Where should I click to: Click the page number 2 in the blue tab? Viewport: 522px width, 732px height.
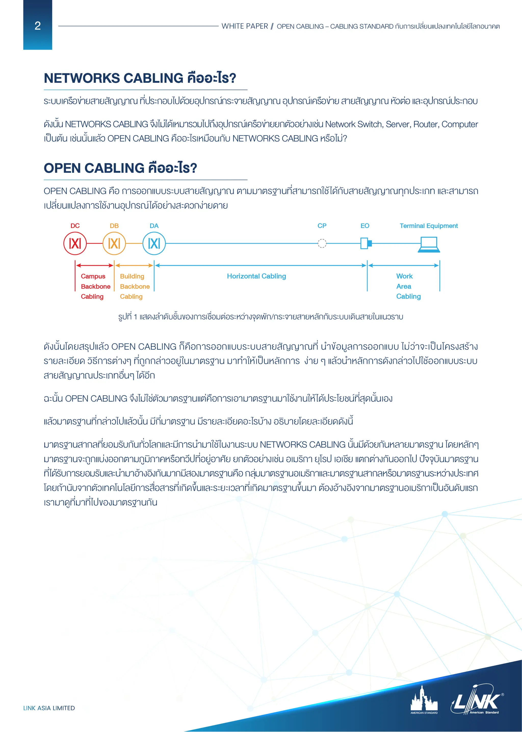[x=38, y=26]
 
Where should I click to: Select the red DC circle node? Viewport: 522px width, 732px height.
[x=75, y=243]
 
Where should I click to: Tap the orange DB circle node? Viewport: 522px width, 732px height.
[x=114, y=243]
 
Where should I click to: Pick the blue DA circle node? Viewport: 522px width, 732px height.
[x=154, y=243]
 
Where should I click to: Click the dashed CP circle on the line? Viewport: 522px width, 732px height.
[x=322, y=243]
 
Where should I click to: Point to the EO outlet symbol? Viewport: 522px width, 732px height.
[x=366, y=243]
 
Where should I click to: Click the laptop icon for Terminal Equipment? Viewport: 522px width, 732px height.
[x=429, y=244]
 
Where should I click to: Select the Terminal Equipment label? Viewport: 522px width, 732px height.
[x=428, y=226]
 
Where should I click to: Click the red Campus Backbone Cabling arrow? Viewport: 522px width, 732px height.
[x=95, y=265]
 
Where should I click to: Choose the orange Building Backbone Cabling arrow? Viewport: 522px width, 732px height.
[x=134, y=265]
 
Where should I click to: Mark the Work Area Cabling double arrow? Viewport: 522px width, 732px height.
[x=403, y=265]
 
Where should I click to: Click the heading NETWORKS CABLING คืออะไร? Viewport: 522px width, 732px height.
[x=140, y=78]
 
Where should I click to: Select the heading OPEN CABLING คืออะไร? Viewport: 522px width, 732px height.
[x=120, y=168]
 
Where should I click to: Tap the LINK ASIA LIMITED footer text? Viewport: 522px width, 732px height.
[x=49, y=708]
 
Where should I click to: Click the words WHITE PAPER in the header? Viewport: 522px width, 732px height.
[x=245, y=26]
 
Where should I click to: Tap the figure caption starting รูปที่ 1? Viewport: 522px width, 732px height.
[x=260, y=317]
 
